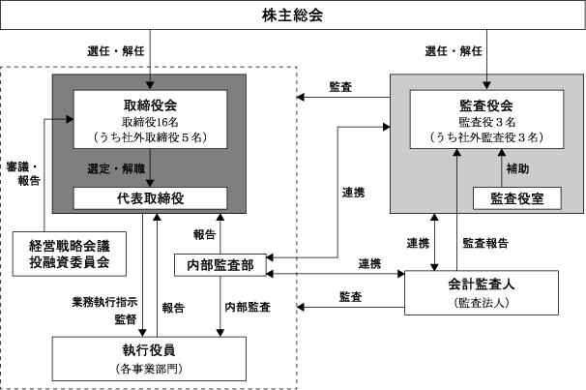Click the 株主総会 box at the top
click(x=292, y=15)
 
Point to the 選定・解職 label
click(x=113, y=169)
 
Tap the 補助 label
click(x=517, y=168)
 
